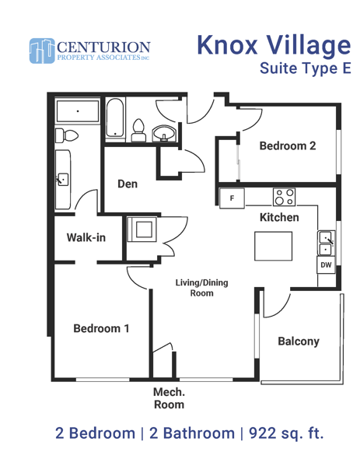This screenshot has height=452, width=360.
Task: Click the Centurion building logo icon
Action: pos(42,51)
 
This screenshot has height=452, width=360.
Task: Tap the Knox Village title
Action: pos(274,45)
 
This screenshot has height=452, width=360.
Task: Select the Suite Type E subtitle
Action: pos(306,68)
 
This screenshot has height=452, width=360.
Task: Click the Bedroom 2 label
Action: pos(288,145)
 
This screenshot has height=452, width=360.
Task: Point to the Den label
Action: pos(128,184)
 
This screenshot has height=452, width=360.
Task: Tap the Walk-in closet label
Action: pos(86,237)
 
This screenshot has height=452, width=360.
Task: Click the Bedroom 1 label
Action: pos(101,328)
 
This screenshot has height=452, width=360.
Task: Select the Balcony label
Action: pos(299,342)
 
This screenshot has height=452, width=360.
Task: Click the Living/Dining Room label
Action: pos(202,288)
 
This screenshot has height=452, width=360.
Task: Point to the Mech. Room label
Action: pos(169,398)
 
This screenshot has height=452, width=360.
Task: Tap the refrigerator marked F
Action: pos(232,198)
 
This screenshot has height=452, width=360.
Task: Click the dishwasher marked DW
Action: pos(326,265)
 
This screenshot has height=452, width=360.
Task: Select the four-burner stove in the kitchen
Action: pos(284,197)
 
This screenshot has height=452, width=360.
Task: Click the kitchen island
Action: pos(274,246)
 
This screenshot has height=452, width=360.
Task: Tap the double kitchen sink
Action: pos(327,244)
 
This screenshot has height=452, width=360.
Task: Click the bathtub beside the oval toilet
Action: pos(115,118)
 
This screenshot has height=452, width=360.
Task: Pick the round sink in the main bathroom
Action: pos(163,133)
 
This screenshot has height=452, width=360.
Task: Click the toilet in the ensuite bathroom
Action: pos(67,135)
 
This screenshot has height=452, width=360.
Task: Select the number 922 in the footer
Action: pos(262,433)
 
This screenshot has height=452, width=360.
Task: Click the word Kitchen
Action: pos(279,217)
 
